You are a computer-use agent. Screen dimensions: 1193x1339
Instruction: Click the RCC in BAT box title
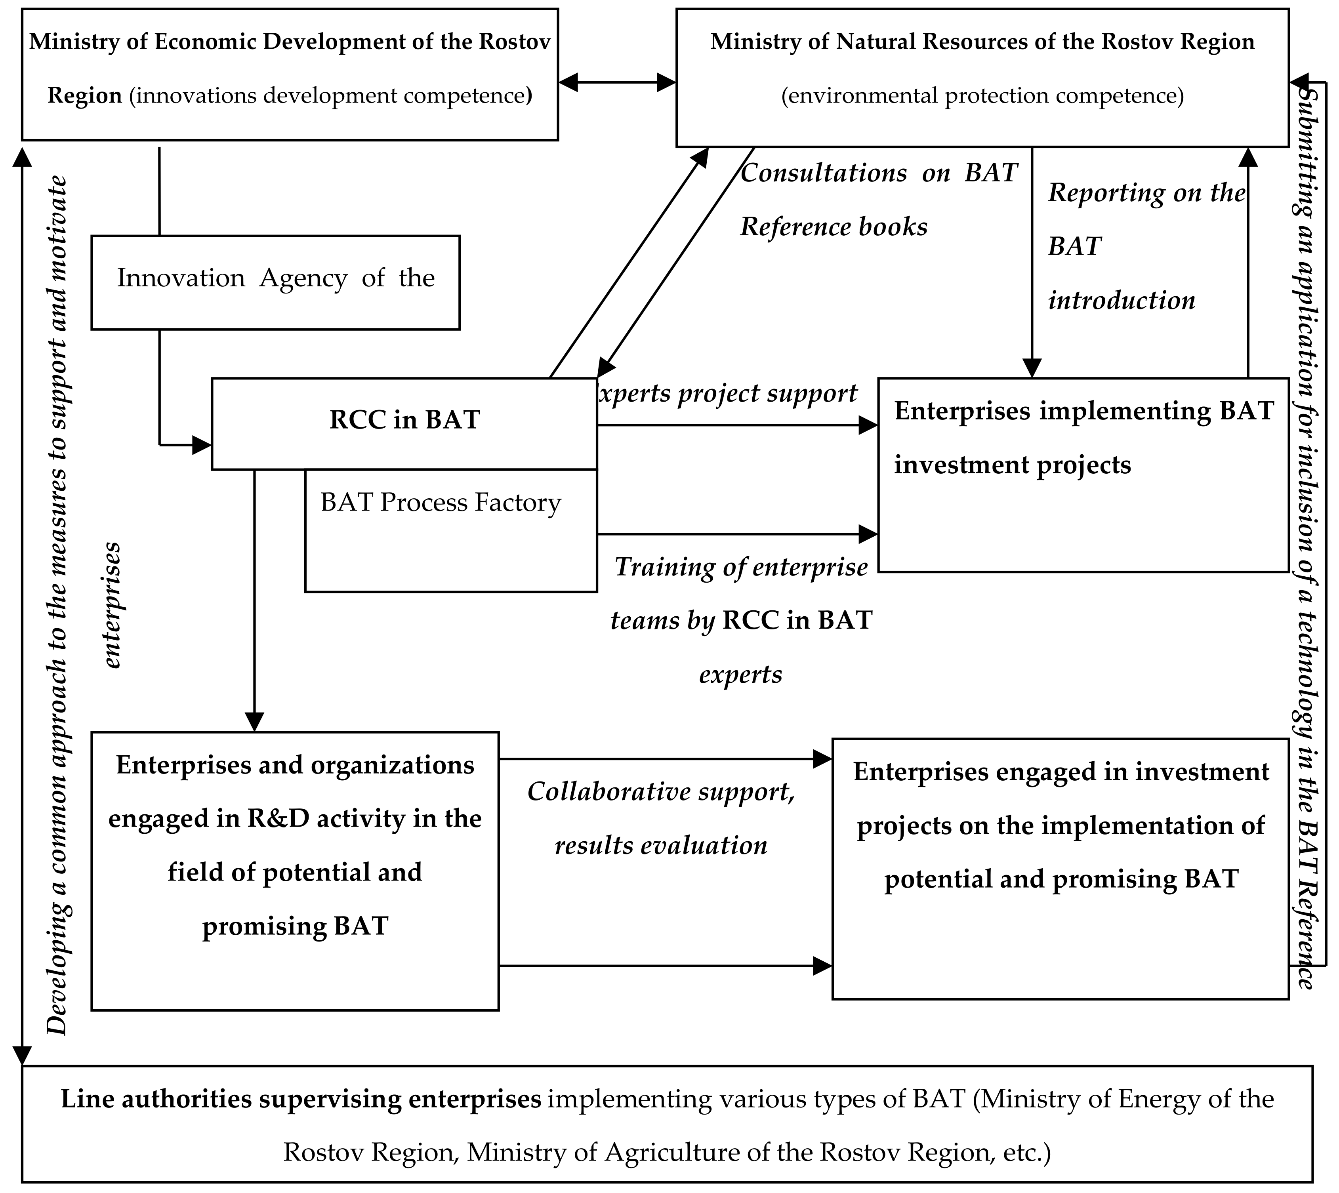404,419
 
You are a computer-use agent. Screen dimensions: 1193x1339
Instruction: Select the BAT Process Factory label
441,503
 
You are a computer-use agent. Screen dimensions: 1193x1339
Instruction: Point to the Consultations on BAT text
879,173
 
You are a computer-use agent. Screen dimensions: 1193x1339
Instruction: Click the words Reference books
834,227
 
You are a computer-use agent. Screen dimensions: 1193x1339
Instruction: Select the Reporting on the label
1146,193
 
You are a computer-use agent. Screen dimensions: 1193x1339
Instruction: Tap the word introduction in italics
1121,300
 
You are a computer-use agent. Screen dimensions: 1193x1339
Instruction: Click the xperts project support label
728,393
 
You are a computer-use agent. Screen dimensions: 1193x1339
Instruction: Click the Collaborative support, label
661,792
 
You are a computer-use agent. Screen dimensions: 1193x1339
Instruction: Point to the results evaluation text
661,846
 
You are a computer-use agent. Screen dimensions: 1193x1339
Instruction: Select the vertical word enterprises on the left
113,604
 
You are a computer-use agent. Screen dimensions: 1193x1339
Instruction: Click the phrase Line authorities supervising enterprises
301,1099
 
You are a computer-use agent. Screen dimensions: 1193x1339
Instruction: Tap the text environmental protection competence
982,96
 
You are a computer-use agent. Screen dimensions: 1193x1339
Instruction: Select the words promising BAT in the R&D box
295,926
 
